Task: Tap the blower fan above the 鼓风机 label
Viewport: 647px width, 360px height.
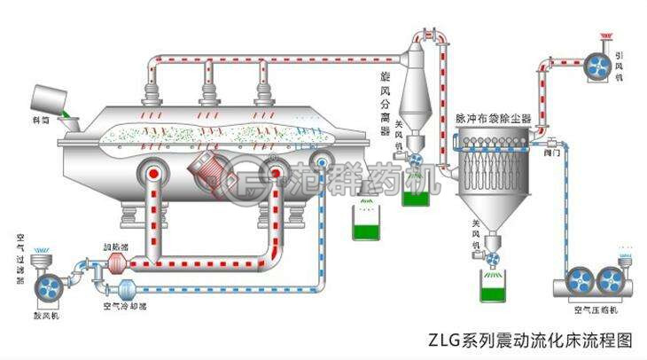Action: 47,285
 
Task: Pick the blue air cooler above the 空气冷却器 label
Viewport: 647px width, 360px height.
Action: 124,287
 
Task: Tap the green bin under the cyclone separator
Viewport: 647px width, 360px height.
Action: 414,192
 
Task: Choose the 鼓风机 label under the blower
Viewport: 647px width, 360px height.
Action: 48,313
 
